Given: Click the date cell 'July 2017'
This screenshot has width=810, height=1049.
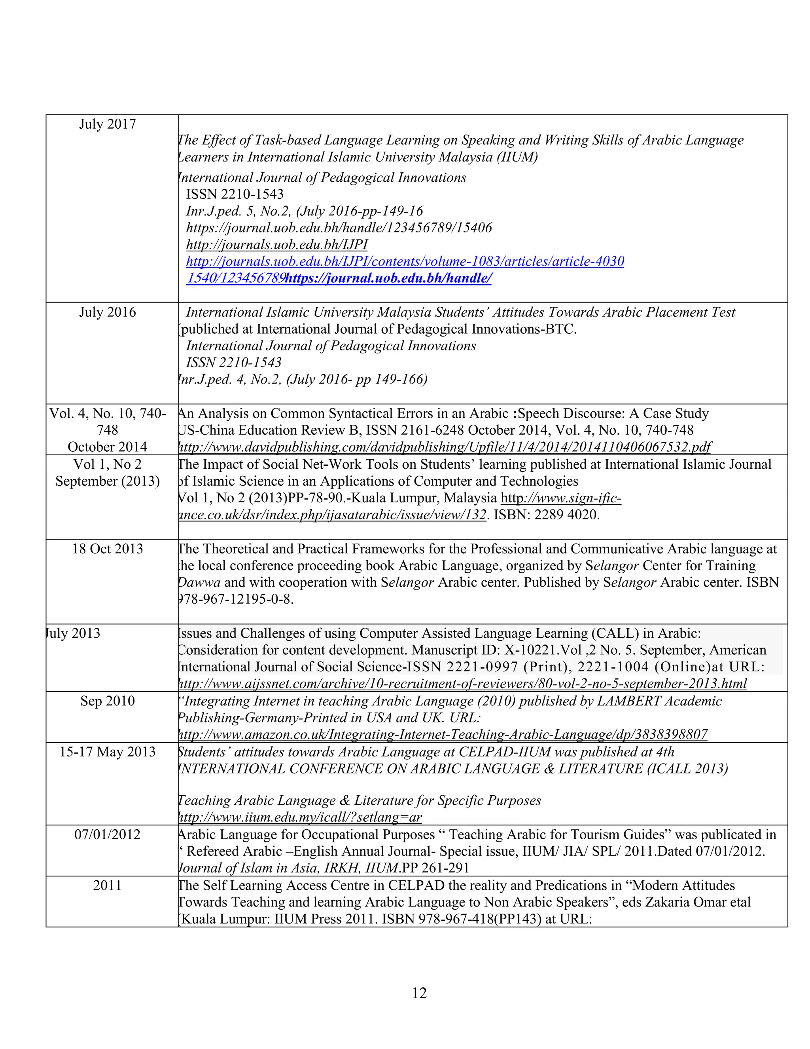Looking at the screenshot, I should pyautogui.click(x=108, y=124).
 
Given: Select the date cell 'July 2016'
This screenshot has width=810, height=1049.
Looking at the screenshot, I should pyautogui.click(x=108, y=312).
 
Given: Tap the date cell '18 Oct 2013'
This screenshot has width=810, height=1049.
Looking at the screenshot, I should pyautogui.click(x=108, y=549).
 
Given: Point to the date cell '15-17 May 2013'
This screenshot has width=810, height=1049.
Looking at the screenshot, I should pyautogui.click(x=108, y=752).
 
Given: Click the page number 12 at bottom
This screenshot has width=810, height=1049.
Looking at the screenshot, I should pyautogui.click(x=419, y=993).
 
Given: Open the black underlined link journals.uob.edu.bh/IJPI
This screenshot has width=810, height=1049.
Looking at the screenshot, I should pyautogui.click(x=277, y=245).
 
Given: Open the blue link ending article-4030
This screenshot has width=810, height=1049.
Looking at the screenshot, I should pyautogui.click(x=405, y=262).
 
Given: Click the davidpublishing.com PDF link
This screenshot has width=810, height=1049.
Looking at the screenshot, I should pyautogui.click(x=444, y=447).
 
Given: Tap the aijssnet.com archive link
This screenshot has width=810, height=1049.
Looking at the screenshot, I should pyautogui.click(x=462, y=684).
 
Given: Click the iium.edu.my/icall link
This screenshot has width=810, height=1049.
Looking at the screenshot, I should pyautogui.click(x=300, y=817).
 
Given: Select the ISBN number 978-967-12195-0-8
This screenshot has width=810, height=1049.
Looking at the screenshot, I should pyautogui.click(x=236, y=599).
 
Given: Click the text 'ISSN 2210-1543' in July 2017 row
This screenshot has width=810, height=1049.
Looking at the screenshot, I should pyautogui.click(x=235, y=194).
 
